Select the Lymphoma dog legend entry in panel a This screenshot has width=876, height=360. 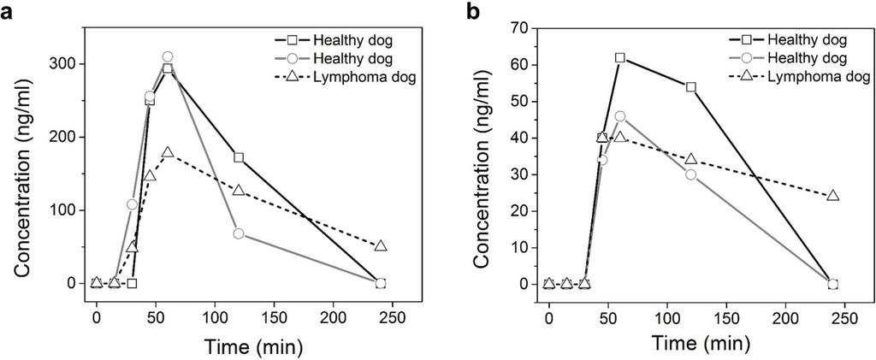pyautogui.click(x=342, y=75)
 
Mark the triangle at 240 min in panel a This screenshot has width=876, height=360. pyautogui.click(x=381, y=246)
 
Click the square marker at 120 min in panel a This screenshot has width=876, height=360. pyautogui.click(x=239, y=157)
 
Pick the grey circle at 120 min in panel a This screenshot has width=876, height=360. pyautogui.click(x=239, y=233)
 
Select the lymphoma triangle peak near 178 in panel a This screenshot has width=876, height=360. pyautogui.click(x=168, y=153)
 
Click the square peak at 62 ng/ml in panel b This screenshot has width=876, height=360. pyautogui.click(x=620, y=58)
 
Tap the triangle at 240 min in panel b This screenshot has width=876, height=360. pyautogui.click(x=833, y=196)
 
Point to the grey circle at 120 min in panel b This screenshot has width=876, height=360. pyautogui.click(x=691, y=174)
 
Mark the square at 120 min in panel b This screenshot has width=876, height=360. pyautogui.click(x=691, y=87)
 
